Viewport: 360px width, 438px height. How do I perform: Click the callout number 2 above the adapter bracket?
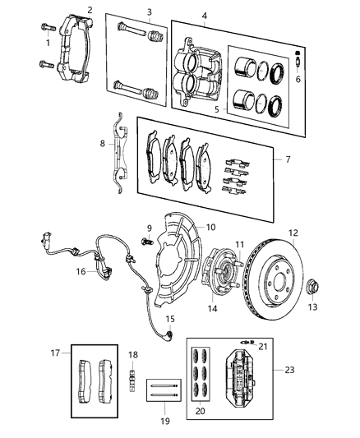pos(90,10)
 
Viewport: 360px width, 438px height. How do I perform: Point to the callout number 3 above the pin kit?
pos(149,12)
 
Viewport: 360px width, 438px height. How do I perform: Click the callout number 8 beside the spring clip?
pos(103,144)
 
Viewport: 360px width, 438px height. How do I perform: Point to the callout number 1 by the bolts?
pos(48,42)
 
